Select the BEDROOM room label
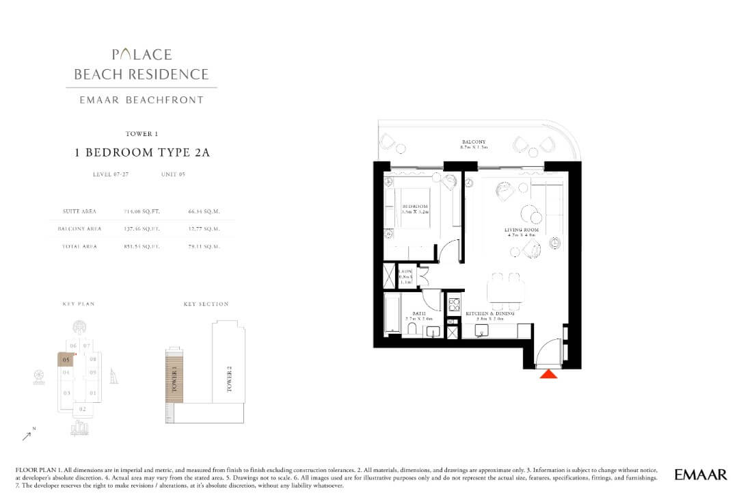415,207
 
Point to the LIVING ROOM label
522,230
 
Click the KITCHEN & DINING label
484,315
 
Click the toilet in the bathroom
412,330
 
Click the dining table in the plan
506,290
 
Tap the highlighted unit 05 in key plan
66,359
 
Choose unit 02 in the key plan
82,409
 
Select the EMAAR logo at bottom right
700,474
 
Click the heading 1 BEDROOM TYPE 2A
142,153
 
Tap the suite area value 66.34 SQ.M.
204,211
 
